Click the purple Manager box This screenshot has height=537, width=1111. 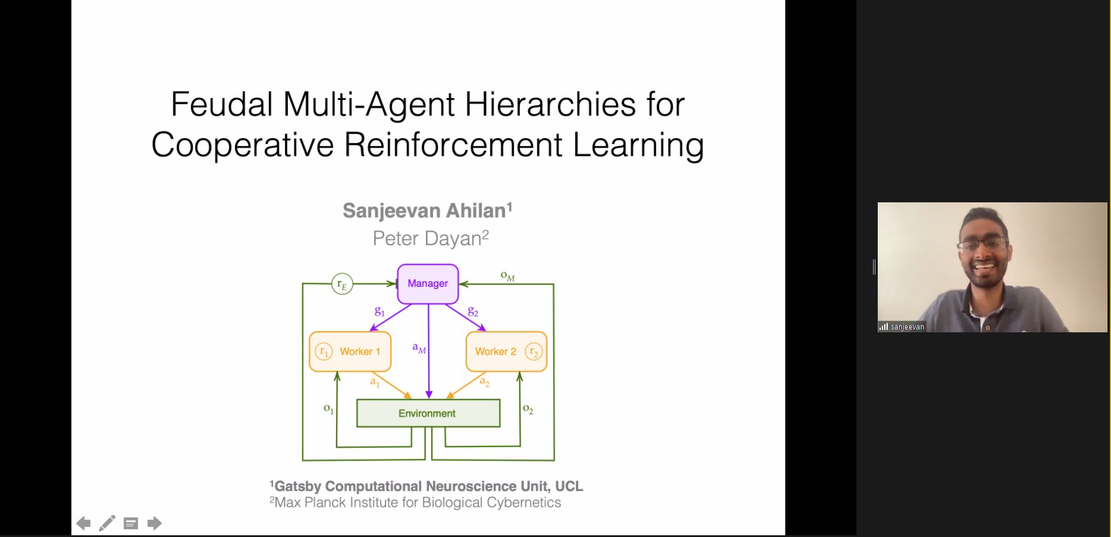coord(428,284)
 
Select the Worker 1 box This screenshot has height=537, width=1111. coord(350,352)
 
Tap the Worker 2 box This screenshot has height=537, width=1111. coord(506,352)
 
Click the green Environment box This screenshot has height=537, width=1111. coord(428,413)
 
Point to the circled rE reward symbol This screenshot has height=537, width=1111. coord(343,284)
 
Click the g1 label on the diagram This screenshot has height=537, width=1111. coord(380,311)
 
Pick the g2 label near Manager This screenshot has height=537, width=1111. coord(473,311)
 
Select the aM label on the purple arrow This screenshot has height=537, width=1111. coord(419,348)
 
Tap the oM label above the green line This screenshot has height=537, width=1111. coord(508,276)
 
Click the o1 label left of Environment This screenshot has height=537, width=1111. coord(329,409)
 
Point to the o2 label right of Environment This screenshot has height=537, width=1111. coord(528,409)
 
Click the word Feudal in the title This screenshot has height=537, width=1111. coord(222,105)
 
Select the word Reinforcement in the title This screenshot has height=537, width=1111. coord(453,145)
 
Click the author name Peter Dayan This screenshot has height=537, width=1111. coord(431,238)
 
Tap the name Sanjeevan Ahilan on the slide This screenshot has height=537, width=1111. coord(428,211)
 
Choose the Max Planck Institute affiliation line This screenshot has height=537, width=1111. coord(415,502)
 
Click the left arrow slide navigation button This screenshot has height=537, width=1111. coord(83,523)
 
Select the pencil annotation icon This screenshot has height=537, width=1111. coord(107,523)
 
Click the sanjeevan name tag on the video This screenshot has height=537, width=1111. coord(902,327)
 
